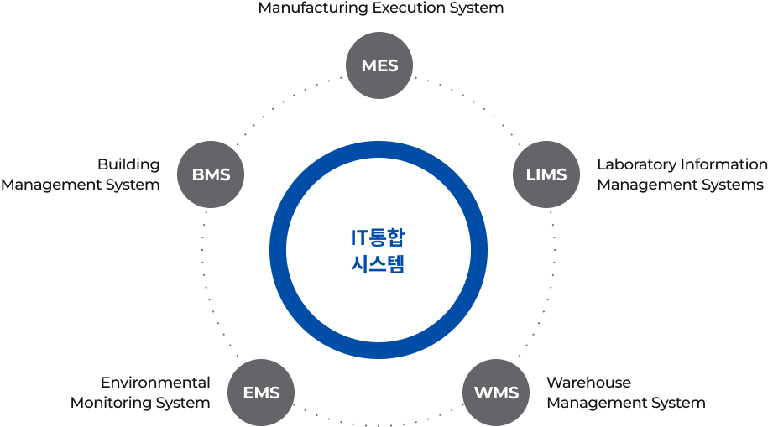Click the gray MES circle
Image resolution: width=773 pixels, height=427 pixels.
(379, 65)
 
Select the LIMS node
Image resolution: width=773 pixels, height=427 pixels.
(546, 174)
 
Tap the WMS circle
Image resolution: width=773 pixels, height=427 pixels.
(496, 392)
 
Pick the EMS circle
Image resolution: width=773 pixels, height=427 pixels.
(261, 392)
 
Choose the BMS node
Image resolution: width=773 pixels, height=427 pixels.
(211, 174)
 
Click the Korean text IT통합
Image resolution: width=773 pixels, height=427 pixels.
(378, 237)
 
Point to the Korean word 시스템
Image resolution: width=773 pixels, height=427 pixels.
(378, 266)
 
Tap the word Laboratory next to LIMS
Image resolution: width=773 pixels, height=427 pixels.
(636, 164)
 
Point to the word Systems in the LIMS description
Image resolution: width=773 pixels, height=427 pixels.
(732, 185)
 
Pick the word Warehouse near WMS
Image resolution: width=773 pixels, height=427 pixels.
(588, 383)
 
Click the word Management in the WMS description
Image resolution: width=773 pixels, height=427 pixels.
(597, 403)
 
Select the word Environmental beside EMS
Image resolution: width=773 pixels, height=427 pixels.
(155, 383)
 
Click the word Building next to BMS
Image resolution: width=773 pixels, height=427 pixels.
(128, 164)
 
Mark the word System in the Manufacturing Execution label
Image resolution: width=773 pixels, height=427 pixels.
(475, 8)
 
